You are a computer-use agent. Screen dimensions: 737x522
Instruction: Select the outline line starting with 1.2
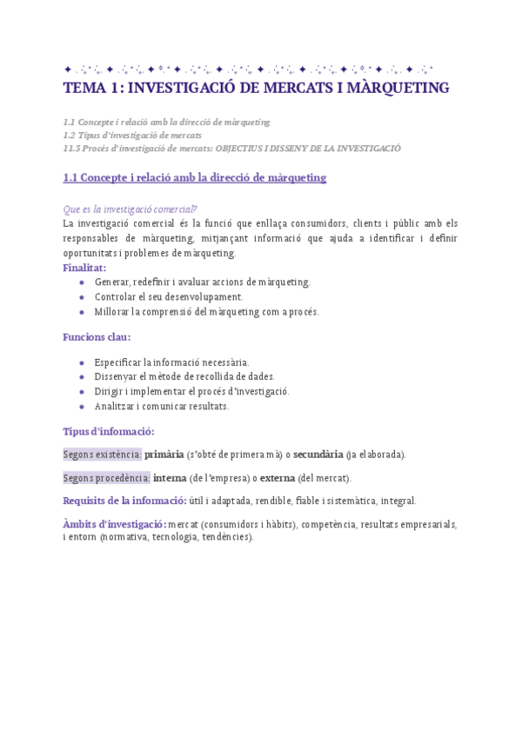132,135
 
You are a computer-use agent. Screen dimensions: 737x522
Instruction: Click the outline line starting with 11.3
232,148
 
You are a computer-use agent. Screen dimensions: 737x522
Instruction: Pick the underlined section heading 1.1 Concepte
194,177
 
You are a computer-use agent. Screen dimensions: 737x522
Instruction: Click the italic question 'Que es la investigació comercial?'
130,209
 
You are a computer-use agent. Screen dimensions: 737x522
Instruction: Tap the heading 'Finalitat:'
84,268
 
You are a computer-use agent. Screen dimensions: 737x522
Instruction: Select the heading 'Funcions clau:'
97,336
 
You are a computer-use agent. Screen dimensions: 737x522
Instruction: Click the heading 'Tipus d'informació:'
109,431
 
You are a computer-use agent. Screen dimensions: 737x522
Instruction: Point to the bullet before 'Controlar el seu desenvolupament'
81,297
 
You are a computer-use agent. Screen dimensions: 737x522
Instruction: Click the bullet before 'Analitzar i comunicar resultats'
81,406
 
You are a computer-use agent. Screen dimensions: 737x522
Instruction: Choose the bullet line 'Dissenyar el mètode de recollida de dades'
184,376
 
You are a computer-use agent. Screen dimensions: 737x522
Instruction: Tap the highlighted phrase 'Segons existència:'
103,454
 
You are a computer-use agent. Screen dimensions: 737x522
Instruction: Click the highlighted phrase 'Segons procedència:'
106,477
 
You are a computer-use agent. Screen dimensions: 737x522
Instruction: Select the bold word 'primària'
164,454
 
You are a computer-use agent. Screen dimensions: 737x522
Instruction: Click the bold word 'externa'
278,477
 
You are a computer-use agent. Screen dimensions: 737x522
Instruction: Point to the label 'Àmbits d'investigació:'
115,524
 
